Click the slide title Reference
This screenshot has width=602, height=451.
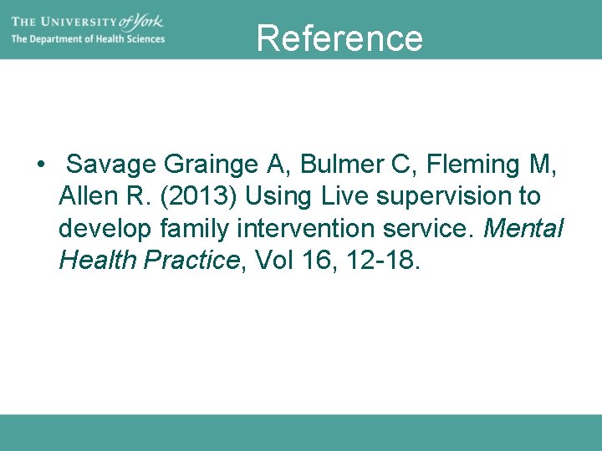coord(339,38)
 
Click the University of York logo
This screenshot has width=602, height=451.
coord(88,21)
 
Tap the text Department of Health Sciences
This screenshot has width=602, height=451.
coord(88,39)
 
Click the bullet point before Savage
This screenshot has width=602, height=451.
coord(40,165)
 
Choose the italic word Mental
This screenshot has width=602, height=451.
coord(523,229)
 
